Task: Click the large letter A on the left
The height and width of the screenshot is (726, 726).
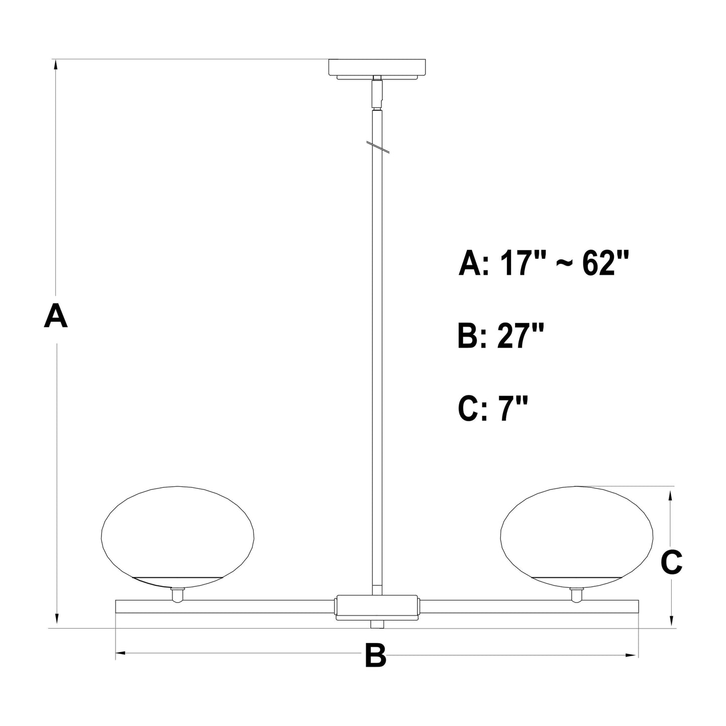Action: (x=56, y=316)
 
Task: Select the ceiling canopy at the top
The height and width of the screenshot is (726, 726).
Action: (x=377, y=68)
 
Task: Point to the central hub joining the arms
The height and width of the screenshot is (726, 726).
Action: (x=377, y=607)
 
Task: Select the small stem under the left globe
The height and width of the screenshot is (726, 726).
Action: (x=176, y=595)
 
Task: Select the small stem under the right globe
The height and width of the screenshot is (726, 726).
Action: (x=576, y=595)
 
